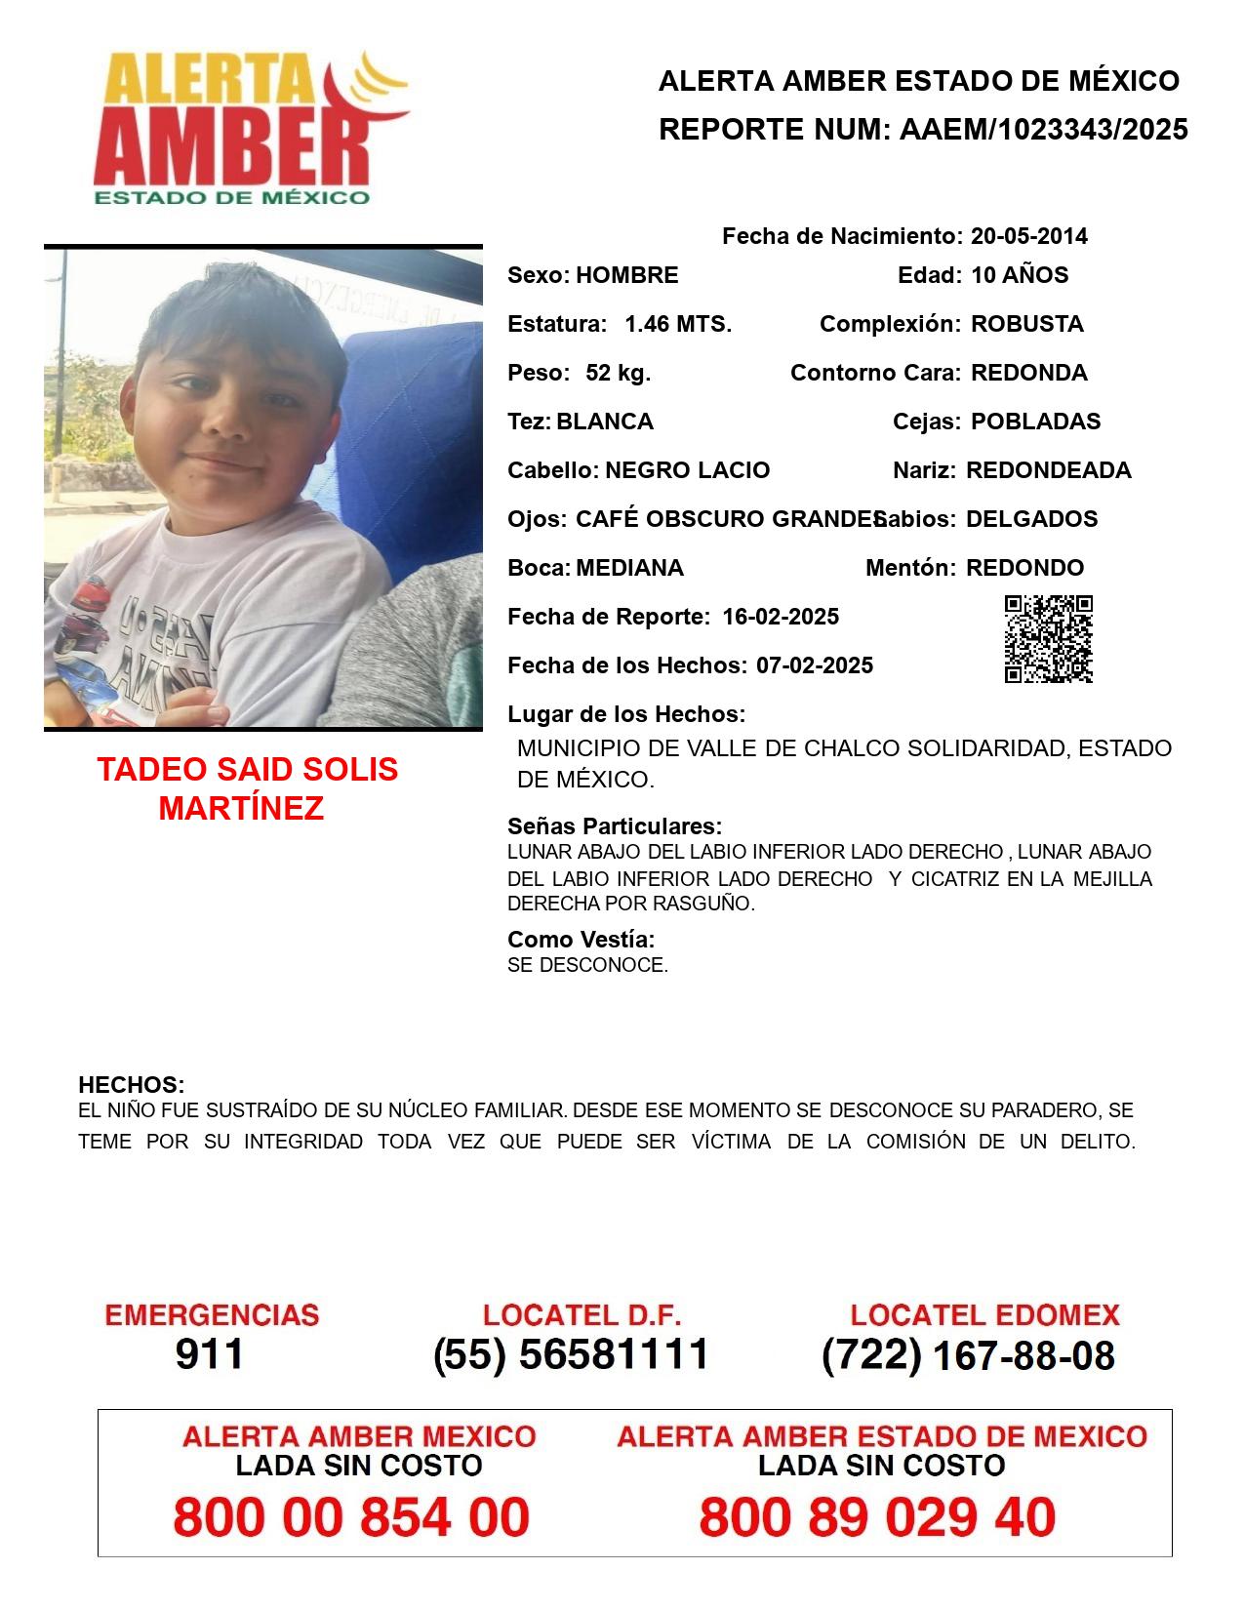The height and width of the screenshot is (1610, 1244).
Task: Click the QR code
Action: [x=1048, y=639]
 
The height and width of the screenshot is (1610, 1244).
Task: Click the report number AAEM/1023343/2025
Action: [x=1043, y=130]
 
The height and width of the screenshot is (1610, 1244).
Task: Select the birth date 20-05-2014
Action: [x=1028, y=236]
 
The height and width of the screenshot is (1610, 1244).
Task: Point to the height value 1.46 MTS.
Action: [x=678, y=324]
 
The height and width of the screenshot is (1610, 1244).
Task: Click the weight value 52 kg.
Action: [x=618, y=373]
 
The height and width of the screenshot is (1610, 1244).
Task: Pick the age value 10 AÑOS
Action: [x=1020, y=275]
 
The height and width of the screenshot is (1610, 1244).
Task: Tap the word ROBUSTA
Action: [x=1026, y=324]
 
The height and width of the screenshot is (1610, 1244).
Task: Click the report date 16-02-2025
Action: [x=781, y=617]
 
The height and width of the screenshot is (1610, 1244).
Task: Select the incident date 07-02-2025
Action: [x=815, y=665]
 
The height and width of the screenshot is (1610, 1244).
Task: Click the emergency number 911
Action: [x=210, y=1354]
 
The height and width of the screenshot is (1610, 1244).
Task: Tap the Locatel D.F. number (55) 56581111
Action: [x=572, y=1354]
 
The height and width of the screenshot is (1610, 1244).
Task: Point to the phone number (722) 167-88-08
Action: [x=968, y=1355]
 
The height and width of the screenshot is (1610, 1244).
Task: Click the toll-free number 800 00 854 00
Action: [x=351, y=1517]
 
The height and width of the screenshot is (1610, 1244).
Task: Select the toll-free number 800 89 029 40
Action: [x=877, y=1517]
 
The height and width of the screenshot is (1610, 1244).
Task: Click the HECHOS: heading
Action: [x=131, y=1085]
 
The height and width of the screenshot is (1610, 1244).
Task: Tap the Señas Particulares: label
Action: [x=614, y=826]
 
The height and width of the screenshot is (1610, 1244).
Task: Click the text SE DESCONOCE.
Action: [x=587, y=966]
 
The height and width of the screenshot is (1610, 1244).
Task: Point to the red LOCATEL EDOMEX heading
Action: [x=984, y=1315]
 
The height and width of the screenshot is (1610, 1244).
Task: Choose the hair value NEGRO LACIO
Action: [x=687, y=470]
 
